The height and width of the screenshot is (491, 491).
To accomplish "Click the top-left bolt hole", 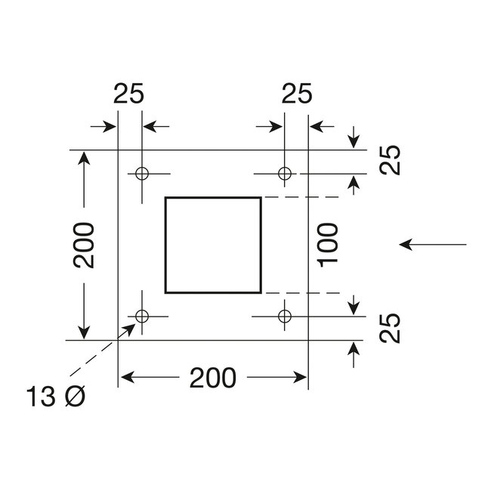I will [141, 174].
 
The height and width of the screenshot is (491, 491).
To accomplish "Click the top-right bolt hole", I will [284, 174].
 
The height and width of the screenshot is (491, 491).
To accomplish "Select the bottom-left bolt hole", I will [141, 315].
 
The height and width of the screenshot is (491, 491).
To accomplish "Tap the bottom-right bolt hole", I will [284, 315].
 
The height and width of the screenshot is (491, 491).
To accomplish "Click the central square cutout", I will [213, 244].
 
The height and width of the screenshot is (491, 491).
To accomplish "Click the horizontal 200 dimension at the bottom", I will [213, 375].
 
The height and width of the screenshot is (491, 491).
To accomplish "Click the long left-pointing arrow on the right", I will [434, 244].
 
